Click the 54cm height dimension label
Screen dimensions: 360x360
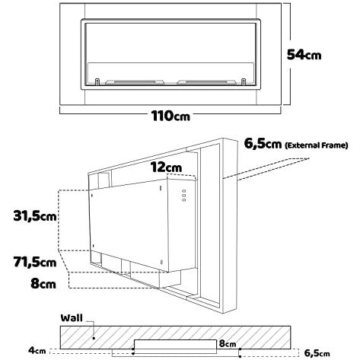304,55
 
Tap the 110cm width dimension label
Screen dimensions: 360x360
170,116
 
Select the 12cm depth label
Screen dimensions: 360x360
166,167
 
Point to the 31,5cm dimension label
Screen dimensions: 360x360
35,216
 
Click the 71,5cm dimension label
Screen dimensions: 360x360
35,262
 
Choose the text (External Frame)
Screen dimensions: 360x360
317,145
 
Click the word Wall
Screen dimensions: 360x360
72,318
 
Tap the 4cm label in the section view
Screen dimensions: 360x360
37,351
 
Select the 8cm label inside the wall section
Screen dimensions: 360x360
228,343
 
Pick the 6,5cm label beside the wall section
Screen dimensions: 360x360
317,353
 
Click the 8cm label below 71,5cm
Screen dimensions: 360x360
43,283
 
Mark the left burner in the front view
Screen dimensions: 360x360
135,82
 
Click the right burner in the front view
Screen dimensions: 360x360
206,82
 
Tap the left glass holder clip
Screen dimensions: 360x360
97,81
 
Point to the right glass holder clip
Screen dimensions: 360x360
244,81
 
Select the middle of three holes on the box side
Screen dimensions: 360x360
184,196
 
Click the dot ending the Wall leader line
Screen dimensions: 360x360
94,338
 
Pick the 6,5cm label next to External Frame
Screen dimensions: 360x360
263,144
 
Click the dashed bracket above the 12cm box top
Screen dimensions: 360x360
181,176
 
